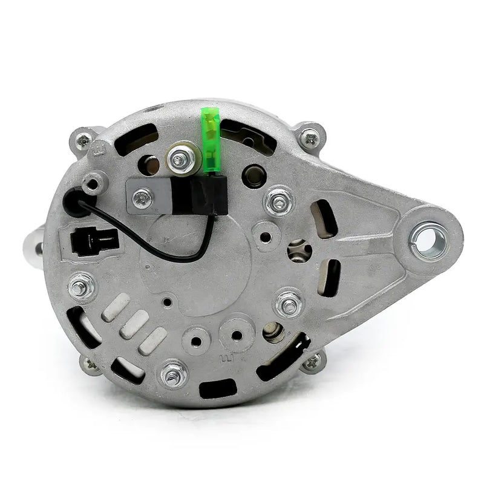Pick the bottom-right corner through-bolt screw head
pyautogui.click(x=313, y=361)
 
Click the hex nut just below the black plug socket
pyautogui.click(x=82, y=285)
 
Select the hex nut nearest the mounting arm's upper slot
pyautogui.click(x=279, y=200)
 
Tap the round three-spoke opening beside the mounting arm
pyautogui.click(x=298, y=250)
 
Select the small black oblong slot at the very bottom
pyautogui.click(x=220, y=387)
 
